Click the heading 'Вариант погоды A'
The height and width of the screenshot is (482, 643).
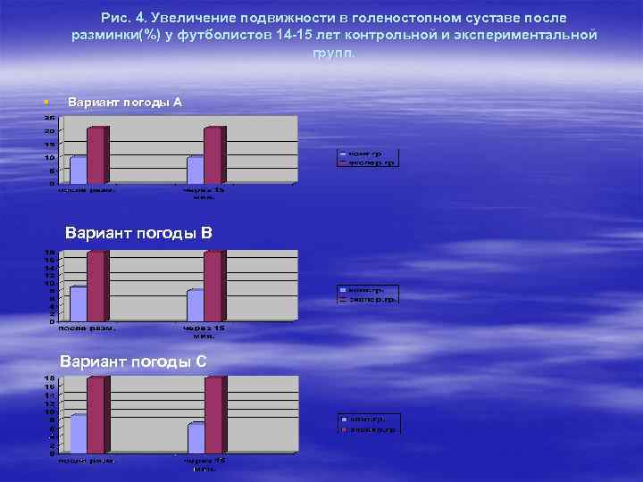125,103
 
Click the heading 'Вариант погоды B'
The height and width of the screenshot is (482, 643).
138,234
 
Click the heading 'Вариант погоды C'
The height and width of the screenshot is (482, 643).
133,361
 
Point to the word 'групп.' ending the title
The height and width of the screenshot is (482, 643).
334,53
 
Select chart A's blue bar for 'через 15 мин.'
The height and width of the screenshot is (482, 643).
195,170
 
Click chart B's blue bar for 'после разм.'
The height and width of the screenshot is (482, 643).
78,303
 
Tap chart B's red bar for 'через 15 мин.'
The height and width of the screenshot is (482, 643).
213,286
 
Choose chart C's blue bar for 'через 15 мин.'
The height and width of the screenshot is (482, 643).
196,437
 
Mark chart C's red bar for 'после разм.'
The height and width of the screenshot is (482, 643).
96,414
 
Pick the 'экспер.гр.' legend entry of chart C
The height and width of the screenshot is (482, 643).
372,428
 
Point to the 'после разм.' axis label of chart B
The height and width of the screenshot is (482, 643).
87,327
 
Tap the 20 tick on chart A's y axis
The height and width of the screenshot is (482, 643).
51,131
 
